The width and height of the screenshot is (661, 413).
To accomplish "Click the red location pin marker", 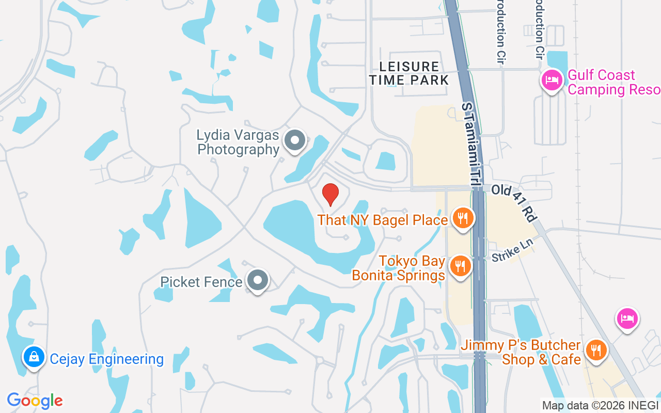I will [330, 194].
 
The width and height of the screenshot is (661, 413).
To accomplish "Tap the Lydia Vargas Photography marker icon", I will [295, 140].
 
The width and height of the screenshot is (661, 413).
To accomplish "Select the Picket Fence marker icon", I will [258, 281].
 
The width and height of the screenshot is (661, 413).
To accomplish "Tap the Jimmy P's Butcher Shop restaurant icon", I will [596, 351].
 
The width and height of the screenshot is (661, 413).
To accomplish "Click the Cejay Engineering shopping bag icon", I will [34, 357].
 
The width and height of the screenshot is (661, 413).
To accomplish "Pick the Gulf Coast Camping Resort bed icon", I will [552, 81].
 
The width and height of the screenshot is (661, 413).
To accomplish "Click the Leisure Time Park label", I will [409, 73].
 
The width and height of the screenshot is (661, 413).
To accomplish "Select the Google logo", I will [35, 401].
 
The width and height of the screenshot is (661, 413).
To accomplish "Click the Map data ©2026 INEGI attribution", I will [600, 405].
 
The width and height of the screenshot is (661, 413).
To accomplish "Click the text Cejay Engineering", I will [107, 359].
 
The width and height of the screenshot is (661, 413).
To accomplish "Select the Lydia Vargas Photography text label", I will [238, 142].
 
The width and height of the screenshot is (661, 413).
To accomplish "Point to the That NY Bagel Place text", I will [383, 220].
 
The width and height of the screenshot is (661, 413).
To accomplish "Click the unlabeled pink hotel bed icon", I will [627, 319].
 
